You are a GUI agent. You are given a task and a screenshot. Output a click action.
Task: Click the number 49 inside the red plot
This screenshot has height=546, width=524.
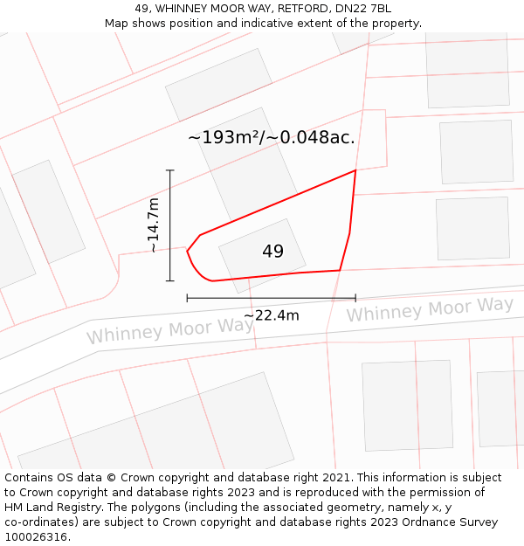click(x=272, y=252)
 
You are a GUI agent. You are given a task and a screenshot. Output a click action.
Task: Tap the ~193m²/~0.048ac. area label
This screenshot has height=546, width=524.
click(x=271, y=138)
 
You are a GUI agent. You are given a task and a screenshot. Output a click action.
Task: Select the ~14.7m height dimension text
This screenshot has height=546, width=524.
click(x=153, y=225)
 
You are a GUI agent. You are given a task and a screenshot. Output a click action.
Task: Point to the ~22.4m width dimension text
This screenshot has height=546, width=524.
click(x=271, y=315)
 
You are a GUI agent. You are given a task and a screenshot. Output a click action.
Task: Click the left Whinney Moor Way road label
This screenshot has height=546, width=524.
click(x=169, y=330)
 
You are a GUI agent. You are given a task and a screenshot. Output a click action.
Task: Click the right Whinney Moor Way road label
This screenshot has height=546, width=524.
click(x=430, y=309)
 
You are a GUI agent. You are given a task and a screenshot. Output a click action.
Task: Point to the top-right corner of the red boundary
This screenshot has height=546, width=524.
click(x=355, y=170)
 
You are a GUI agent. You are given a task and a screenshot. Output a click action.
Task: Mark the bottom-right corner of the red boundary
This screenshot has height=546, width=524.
click(x=340, y=270)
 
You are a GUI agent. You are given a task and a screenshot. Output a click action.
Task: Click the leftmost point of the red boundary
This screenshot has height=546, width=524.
click(x=187, y=252)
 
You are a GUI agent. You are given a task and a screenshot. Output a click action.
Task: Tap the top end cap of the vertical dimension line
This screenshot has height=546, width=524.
click(x=170, y=170)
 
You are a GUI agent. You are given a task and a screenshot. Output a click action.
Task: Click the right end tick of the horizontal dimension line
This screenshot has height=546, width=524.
click(x=355, y=298)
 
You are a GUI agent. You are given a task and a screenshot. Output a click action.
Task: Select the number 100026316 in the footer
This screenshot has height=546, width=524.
click(x=34, y=537)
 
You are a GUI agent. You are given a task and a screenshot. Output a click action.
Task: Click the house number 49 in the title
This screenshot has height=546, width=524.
click(x=142, y=9)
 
